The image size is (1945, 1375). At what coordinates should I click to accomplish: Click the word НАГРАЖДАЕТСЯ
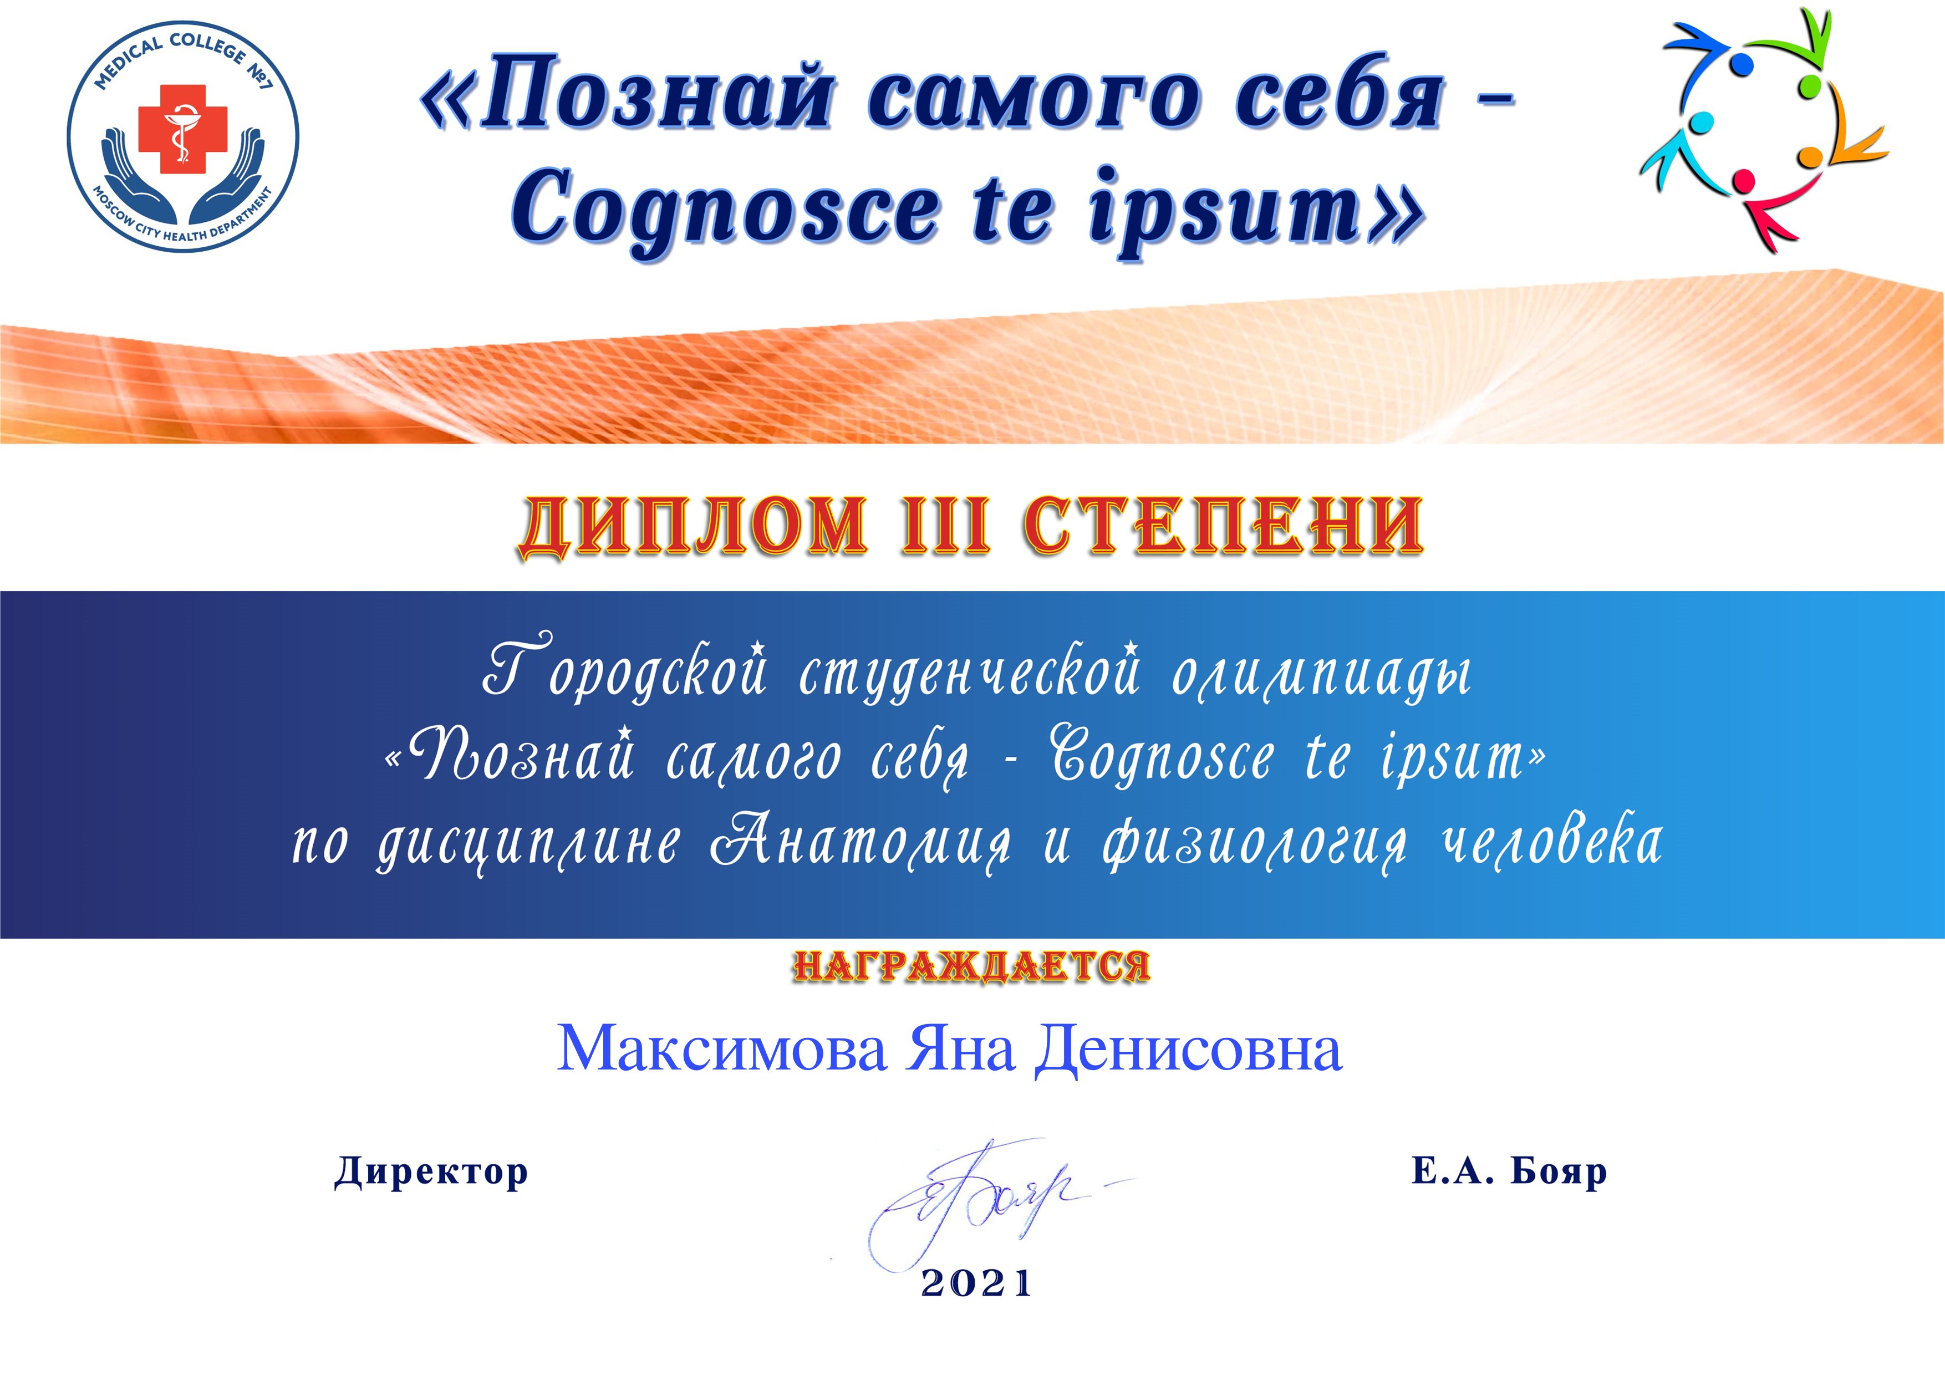pyautogui.click(x=971, y=966)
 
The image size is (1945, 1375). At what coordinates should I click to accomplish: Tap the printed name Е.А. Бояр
pyautogui.click(x=1509, y=1171)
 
